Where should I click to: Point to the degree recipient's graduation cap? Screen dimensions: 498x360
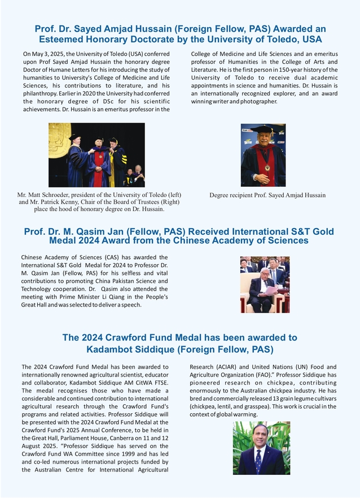[263, 130]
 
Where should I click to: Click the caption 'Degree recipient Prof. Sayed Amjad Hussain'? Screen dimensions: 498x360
[267, 195]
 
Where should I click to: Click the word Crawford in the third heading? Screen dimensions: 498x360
[116, 338]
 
